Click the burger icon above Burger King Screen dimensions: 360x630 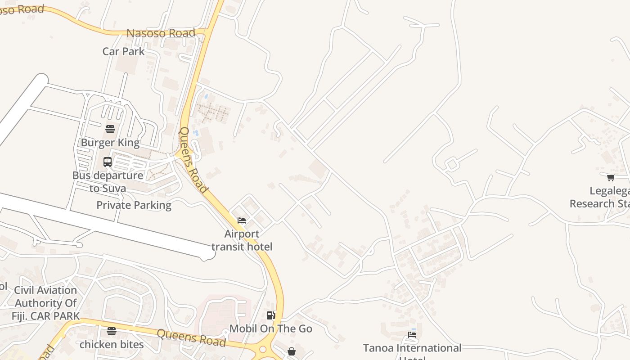point(110,130)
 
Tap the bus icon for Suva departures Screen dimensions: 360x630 point(108,162)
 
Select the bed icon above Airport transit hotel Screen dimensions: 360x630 point(242,220)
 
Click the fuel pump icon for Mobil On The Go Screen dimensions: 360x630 point(270,315)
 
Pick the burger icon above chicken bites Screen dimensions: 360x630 point(112,332)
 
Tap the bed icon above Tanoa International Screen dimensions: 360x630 point(412,335)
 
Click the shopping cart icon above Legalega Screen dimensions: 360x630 point(611,178)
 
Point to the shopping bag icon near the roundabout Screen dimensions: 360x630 point(292,351)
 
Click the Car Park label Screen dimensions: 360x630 point(123,51)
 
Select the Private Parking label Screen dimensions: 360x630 point(134,205)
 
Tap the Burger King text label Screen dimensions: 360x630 point(110,143)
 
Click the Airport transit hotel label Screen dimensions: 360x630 point(242,240)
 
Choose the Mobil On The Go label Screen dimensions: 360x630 point(271,329)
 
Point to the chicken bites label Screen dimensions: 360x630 point(112,345)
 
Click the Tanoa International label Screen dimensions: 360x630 point(412,348)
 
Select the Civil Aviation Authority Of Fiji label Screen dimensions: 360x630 point(45,303)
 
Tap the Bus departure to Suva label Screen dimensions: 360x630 point(108,182)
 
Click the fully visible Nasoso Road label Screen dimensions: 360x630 point(161,33)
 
